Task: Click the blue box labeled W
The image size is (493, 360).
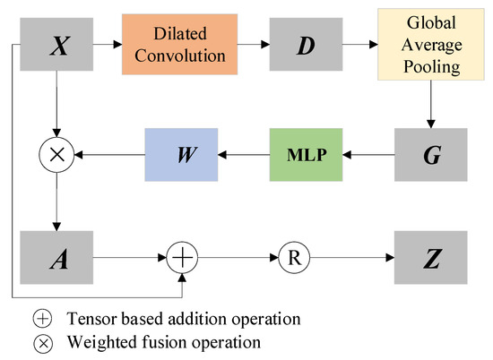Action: coord(182,154)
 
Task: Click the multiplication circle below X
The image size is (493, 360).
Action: coord(57,154)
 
